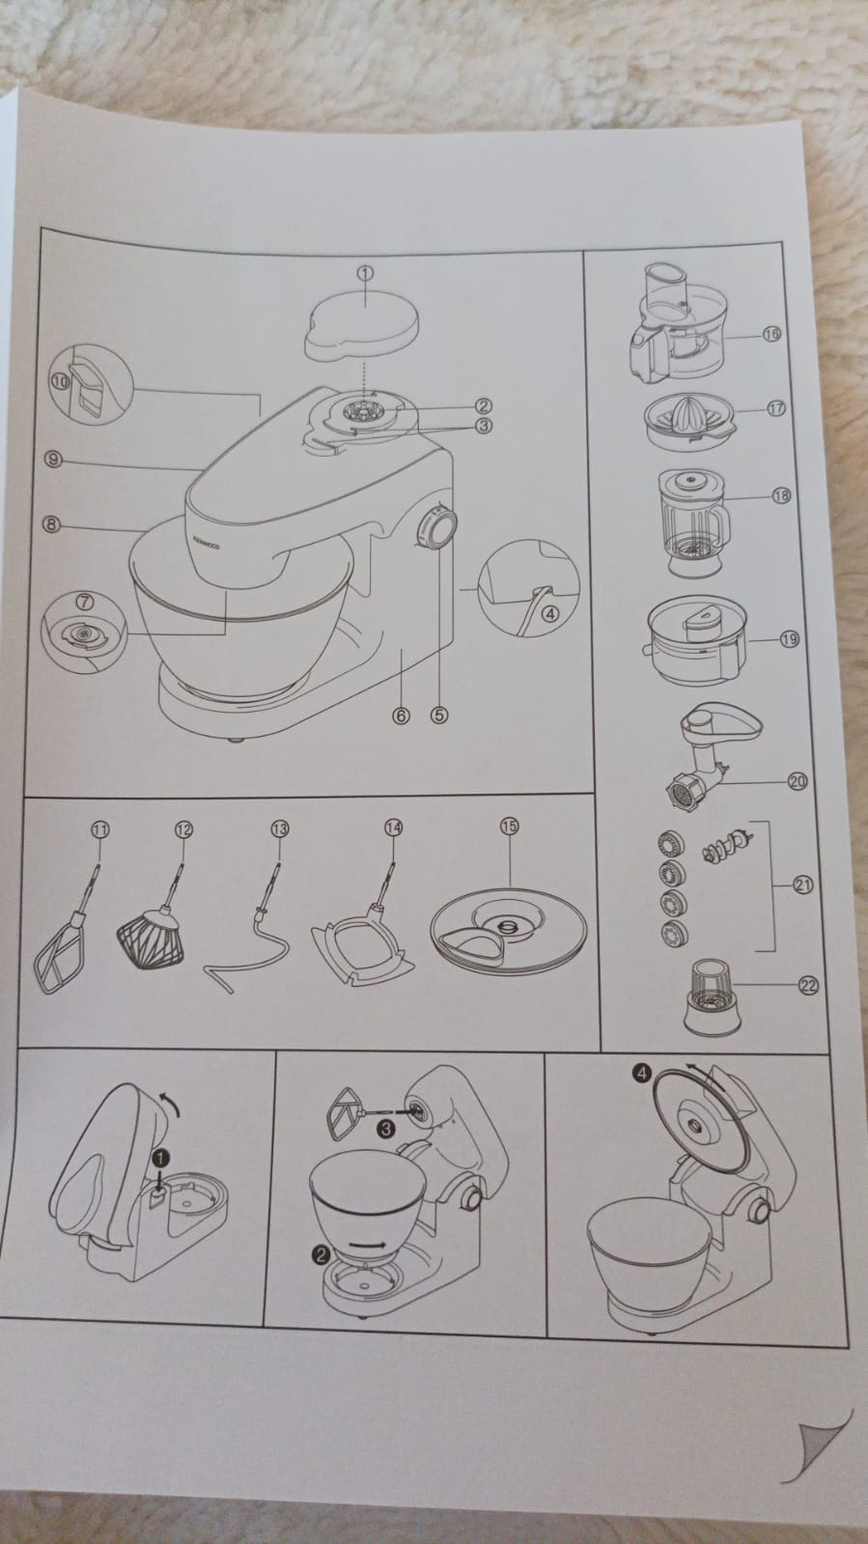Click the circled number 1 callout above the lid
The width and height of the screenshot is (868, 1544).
pyautogui.click(x=365, y=273)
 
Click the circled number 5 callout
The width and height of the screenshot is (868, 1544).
pyautogui.click(x=439, y=716)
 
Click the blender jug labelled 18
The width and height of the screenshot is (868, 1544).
pyautogui.click(x=693, y=521)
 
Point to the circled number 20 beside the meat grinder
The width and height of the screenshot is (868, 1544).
pyautogui.click(x=798, y=781)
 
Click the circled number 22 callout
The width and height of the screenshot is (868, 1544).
pyautogui.click(x=808, y=986)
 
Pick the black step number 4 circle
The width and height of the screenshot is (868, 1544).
pyautogui.click(x=643, y=1073)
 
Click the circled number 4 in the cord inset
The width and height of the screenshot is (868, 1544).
pyautogui.click(x=549, y=613)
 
